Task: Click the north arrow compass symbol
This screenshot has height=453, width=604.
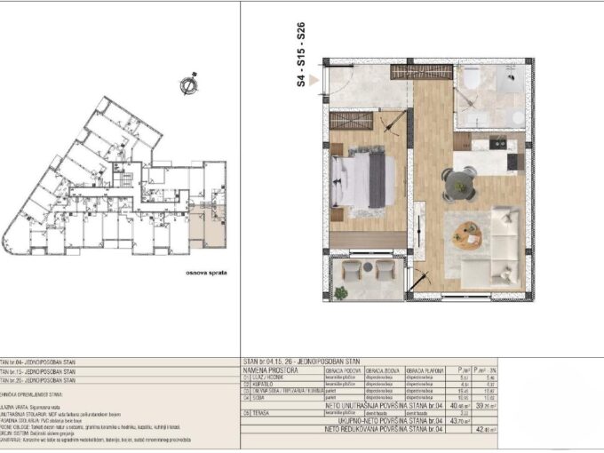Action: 188,85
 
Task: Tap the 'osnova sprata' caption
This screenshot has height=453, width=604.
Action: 204,273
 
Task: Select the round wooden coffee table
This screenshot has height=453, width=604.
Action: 466,234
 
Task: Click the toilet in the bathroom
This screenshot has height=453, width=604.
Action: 471,81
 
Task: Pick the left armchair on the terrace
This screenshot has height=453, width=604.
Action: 353,268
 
